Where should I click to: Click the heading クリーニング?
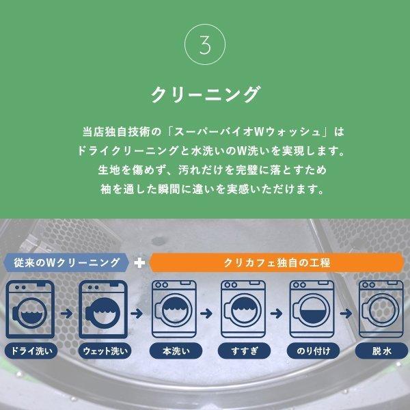(205, 94)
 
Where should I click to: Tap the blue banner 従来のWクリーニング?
(66, 262)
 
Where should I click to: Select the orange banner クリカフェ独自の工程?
(277, 262)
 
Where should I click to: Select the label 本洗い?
(171, 353)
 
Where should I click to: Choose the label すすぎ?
(241, 353)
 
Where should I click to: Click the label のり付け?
(310, 353)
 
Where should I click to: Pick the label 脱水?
(380, 353)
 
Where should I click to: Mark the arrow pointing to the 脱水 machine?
(346, 314)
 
